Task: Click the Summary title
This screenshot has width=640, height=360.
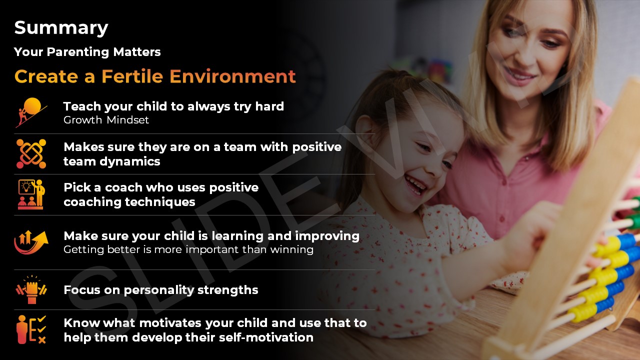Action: click(x=61, y=28)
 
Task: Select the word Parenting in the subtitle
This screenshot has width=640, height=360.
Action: click(x=78, y=52)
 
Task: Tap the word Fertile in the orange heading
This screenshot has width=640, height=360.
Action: click(x=132, y=76)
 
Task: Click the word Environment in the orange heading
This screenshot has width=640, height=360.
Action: click(x=232, y=76)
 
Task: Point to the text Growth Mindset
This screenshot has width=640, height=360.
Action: click(x=106, y=120)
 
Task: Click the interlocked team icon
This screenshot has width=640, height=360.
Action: click(x=31, y=153)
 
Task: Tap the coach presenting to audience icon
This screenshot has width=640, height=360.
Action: click(x=31, y=194)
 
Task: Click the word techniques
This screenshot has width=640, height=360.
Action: click(x=160, y=202)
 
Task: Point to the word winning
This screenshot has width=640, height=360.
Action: click(x=291, y=249)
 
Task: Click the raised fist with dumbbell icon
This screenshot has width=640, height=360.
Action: click(x=31, y=289)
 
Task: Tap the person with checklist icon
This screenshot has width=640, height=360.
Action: click(x=31, y=329)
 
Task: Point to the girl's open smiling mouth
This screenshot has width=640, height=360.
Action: click(x=415, y=186)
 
